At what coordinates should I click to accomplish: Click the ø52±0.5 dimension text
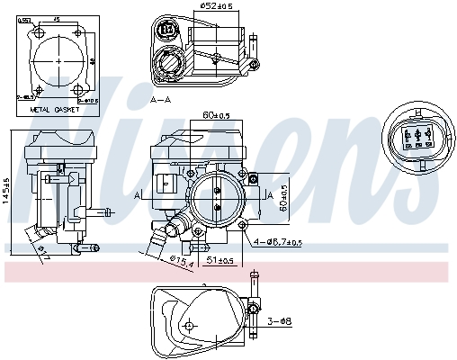pyautogui.click(x=216, y=6)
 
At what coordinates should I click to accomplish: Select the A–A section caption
pyautogui.click(x=162, y=99)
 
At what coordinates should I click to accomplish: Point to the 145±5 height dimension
pyautogui.click(x=5, y=191)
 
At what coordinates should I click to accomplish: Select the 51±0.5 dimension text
pyautogui.click(x=221, y=260)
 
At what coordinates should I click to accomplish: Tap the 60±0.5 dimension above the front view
pyautogui.click(x=217, y=115)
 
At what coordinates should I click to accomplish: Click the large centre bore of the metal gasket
pyautogui.click(x=58, y=59)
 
